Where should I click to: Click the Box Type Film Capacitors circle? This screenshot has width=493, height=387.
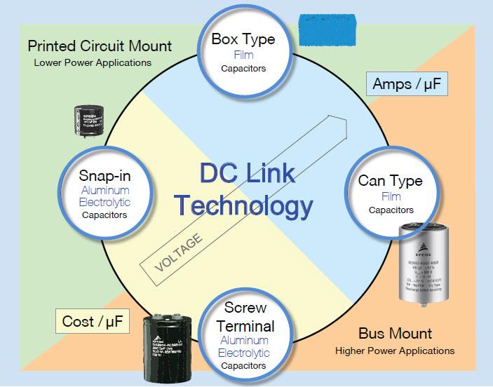[x=243, y=50]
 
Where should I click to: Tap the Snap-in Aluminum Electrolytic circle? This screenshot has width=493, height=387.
[x=104, y=190]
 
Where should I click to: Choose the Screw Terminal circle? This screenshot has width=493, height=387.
[x=244, y=336]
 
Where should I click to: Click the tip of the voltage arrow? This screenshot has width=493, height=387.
[x=349, y=121]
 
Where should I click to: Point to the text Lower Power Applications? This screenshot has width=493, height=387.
[x=93, y=62]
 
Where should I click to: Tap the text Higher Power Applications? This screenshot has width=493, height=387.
[x=395, y=350]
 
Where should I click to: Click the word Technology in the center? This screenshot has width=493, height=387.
[x=243, y=205]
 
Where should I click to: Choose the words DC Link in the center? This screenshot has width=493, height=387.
[x=244, y=173]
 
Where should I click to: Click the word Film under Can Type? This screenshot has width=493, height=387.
[x=391, y=196]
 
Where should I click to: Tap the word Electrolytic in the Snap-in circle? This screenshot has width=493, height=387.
[x=104, y=202]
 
